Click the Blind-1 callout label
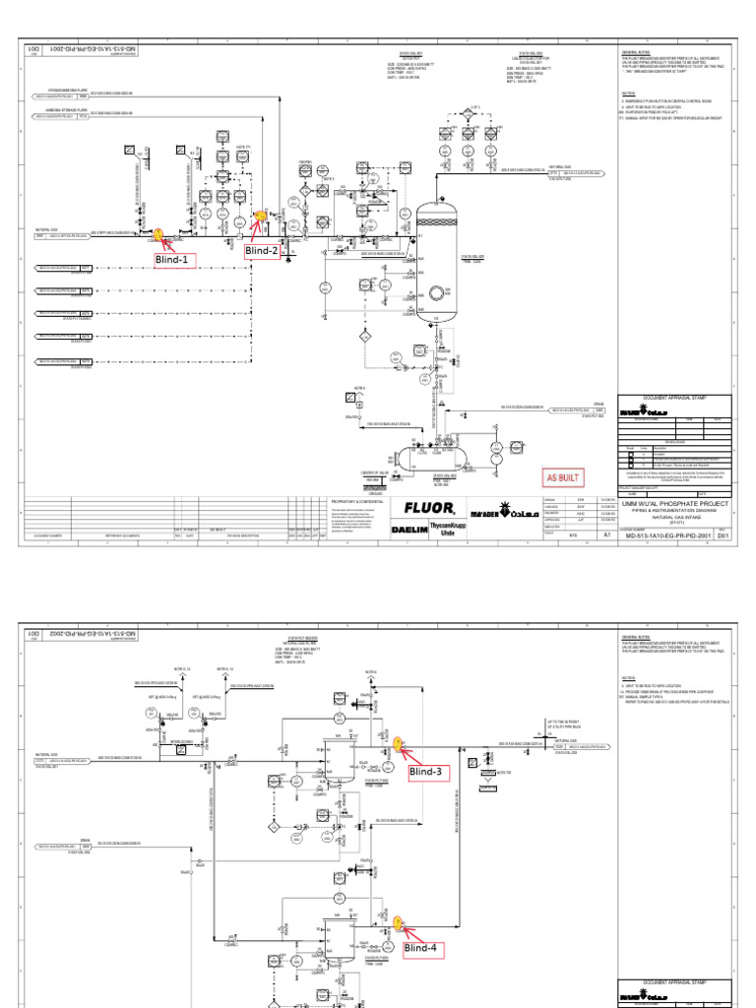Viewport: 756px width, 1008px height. pyautogui.click(x=174, y=260)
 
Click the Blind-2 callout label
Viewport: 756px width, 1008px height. pyautogui.click(x=264, y=251)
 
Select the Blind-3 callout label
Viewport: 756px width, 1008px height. pyautogui.click(x=428, y=772)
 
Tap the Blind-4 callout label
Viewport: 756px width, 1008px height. pyautogui.click(x=424, y=948)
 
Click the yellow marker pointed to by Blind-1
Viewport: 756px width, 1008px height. pyautogui.click(x=157, y=234)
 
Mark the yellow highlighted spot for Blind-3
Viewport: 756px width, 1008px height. pyautogui.click(x=395, y=744)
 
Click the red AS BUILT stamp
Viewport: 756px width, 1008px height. pyautogui.click(x=565, y=477)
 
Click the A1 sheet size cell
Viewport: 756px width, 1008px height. pyautogui.click(x=606, y=535)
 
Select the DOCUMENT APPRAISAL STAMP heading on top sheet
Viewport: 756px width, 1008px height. pyautogui.click(x=674, y=398)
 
